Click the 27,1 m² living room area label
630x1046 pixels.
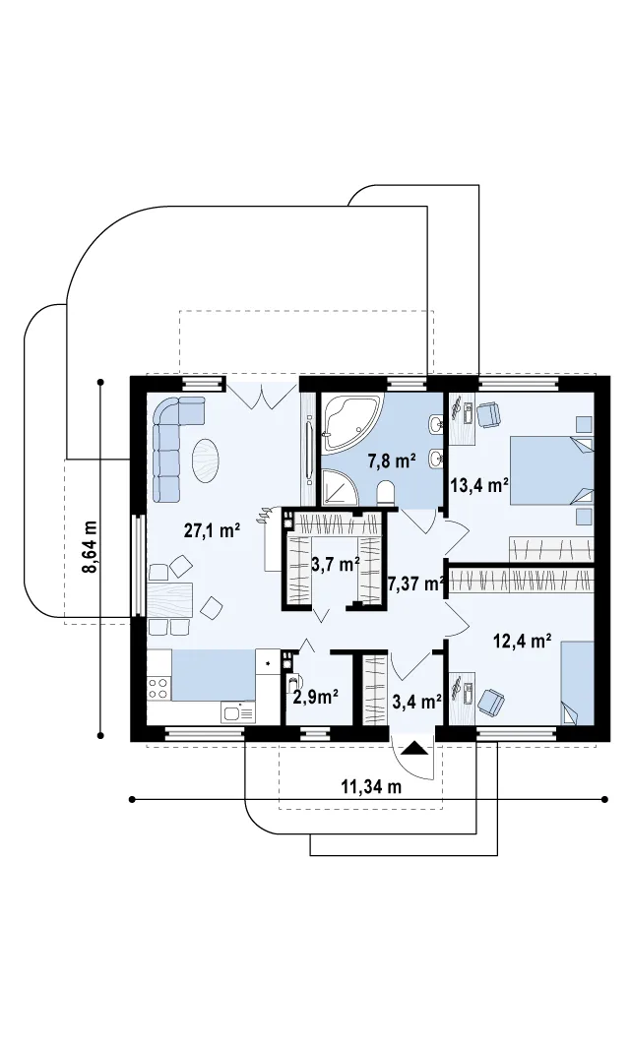click(213, 531)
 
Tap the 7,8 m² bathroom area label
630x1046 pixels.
click(393, 460)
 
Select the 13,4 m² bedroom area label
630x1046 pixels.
click(479, 486)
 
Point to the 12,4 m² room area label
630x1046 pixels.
click(522, 641)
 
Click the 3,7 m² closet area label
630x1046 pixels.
click(336, 565)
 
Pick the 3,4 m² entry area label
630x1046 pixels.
click(417, 702)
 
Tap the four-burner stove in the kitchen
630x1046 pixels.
click(158, 687)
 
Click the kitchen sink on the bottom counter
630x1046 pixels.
click(238, 712)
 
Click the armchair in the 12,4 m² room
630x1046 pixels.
click(492, 702)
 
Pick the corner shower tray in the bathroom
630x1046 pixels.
click(339, 486)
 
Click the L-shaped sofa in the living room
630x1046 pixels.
click(171, 440)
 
